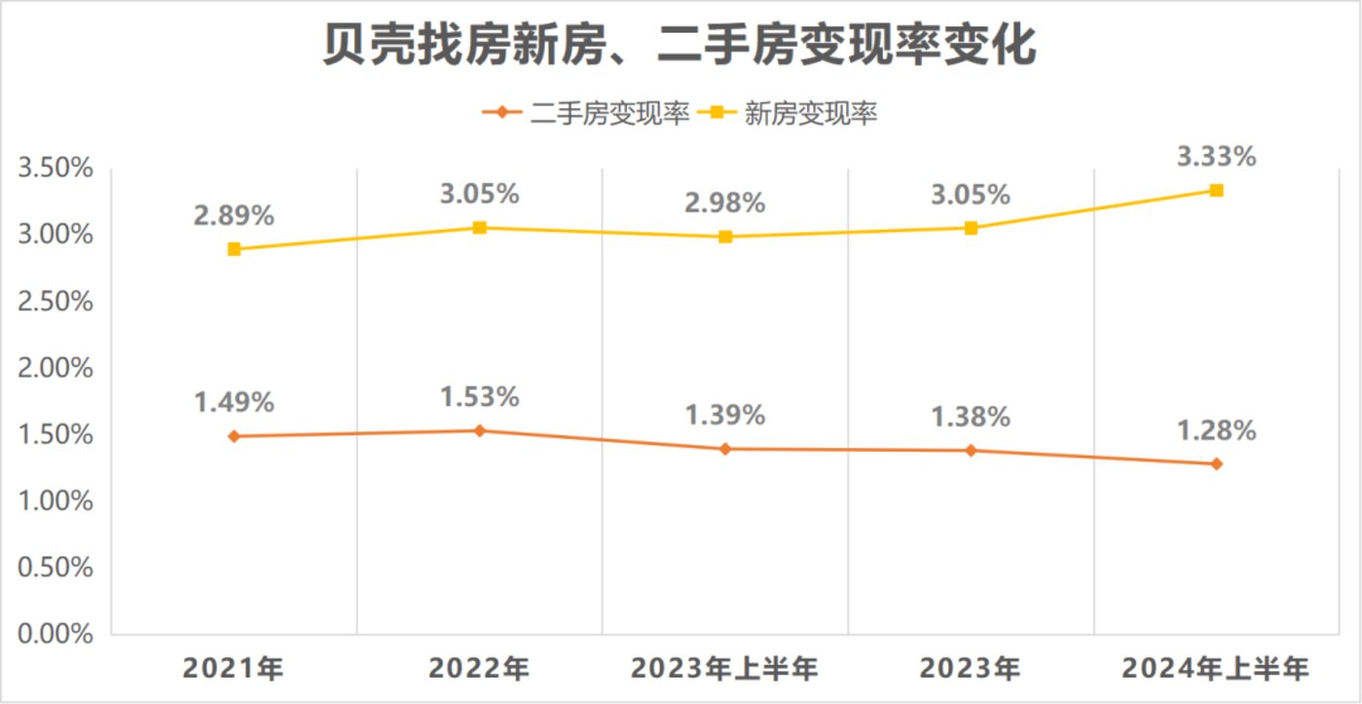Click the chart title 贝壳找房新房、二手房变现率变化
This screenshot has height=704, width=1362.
681,46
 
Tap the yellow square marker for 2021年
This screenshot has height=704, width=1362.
234,249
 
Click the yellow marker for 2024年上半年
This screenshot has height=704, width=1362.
1216,190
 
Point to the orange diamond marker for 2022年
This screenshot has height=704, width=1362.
479,430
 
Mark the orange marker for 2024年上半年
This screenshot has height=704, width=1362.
1216,463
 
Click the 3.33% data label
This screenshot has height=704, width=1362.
1216,156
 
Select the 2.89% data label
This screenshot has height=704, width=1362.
234,215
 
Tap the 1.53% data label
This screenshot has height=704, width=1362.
479,396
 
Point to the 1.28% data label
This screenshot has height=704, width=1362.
1216,429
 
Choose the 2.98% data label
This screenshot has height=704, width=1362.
725,204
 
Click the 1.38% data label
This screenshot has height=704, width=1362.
971,416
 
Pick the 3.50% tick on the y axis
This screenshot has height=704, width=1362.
55,168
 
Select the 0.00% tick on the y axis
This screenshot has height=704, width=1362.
55,635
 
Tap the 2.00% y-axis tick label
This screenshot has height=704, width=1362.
55,368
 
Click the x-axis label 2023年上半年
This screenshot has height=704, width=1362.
725,670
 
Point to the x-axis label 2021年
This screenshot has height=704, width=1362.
234,670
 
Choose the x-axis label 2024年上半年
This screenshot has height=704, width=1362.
1216,670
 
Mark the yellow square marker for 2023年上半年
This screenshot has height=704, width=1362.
725,237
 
